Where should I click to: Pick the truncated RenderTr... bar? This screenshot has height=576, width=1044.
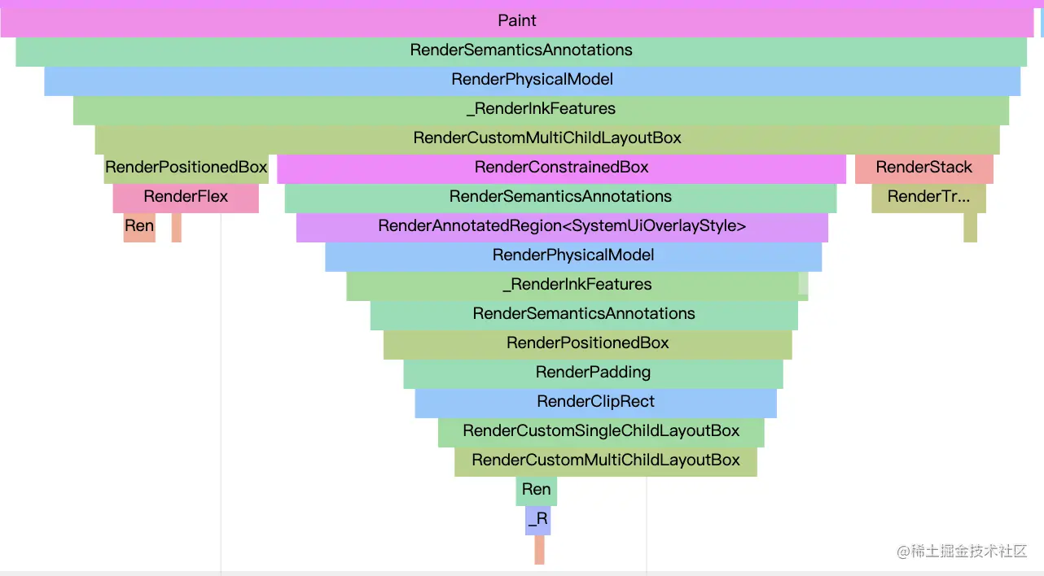tap(928, 198)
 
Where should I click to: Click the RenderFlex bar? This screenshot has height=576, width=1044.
tap(186, 198)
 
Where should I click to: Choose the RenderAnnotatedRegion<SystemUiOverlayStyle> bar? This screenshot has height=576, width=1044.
tap(562, 227)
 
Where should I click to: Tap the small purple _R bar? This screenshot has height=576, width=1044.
tap(537, 520)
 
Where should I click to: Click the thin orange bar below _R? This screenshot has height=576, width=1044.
tap(539, 550)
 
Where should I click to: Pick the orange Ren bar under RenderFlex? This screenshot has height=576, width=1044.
tap(139, 227)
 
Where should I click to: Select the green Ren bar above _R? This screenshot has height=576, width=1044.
tap(536, 491)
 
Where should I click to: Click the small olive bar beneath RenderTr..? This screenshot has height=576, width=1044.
tap(971, 227)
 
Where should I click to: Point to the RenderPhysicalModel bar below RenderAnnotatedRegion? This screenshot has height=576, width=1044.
tap(573, 256)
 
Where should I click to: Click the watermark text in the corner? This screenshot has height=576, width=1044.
tap(962, 552)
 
